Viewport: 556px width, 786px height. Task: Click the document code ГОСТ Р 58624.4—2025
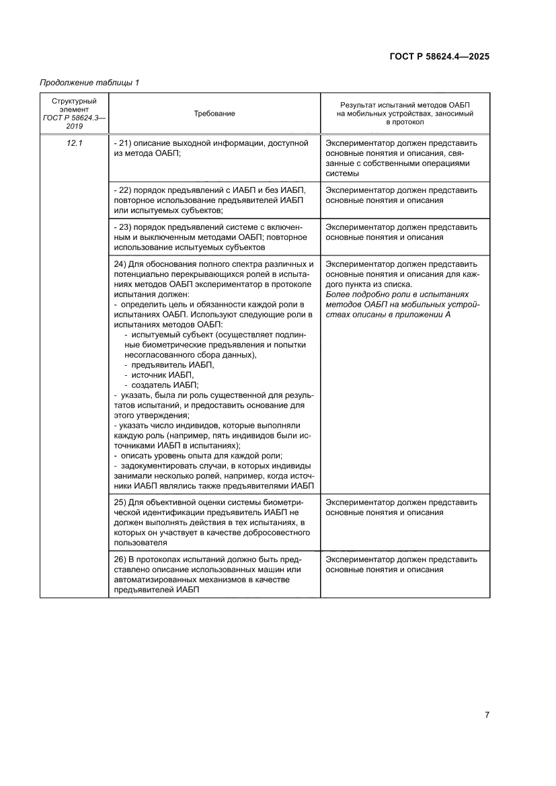click(x=439, y=56)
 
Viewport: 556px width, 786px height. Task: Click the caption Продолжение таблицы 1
click(x=89, y=83)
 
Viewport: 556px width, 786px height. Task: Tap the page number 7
click(x=487, y=715)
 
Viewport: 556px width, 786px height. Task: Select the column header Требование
click(x=214, y=114)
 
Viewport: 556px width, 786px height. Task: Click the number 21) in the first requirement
click(x=123, y=143)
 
